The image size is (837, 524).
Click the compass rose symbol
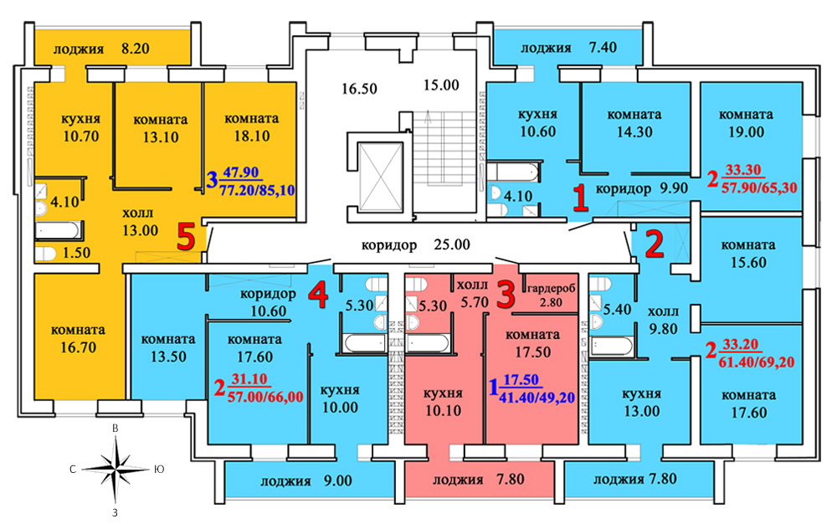click(116, 470)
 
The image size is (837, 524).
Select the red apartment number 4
click(319, 295)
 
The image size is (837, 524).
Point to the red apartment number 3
click(506, 295)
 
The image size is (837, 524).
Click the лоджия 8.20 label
click(101, 49)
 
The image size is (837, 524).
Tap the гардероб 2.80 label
click(552, 295)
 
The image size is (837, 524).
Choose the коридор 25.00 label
click(416, 245)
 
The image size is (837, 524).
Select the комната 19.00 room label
click(747, 123)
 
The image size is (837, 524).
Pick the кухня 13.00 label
click(642, 403)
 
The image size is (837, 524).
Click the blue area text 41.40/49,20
click(537, 398)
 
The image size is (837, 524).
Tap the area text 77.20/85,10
click(257, 189)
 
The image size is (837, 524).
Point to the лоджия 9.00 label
click(306, 481)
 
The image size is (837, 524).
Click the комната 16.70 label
click(78, 339)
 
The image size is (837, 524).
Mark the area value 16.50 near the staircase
click(359, 88)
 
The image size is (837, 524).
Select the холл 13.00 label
click(140, 222)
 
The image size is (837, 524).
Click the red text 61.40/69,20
click(757, 362)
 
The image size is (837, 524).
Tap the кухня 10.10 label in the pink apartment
click(443, 403)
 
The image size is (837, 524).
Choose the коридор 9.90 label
click(642, 188)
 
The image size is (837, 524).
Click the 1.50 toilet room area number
click(76, 253)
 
